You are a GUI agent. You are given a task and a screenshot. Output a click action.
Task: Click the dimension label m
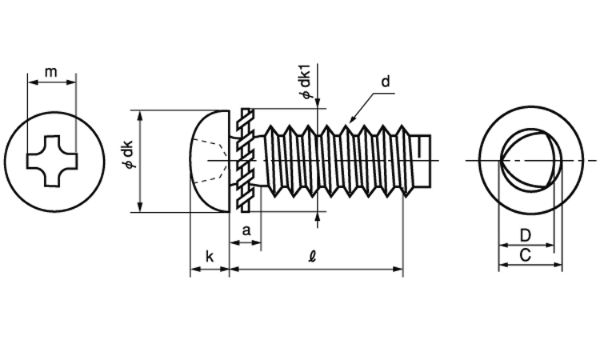(51, 72)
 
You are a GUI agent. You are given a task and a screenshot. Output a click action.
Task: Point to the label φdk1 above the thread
(305, 83)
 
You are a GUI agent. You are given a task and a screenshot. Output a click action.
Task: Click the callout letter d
(385, 82)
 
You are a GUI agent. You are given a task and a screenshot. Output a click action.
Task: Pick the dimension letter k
(209, 256)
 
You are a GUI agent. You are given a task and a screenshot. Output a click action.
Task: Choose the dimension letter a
(246, 230)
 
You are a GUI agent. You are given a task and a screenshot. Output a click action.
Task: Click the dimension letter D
(525, 235)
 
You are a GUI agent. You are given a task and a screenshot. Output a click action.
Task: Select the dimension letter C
(525, 255)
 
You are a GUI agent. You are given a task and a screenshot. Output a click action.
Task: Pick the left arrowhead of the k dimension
(193, 270)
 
